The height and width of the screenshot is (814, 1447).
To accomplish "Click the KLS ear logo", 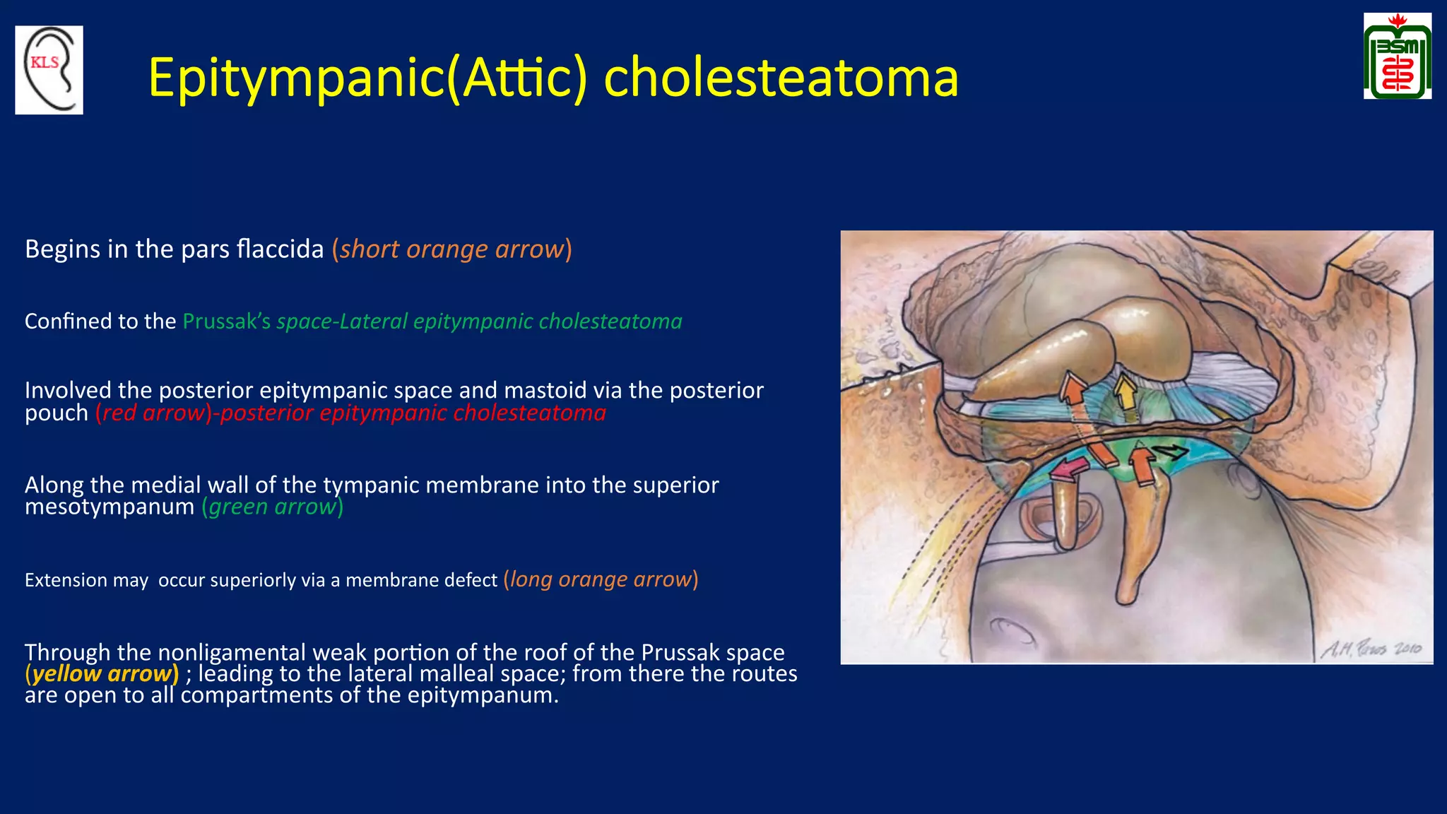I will (x=49, y=70).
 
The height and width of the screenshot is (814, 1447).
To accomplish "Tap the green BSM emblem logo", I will (x=1397, y=57).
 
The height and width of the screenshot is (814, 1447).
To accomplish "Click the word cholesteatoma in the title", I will (x=781, y=78).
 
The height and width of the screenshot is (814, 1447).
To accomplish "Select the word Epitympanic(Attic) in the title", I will (x=367, y=78).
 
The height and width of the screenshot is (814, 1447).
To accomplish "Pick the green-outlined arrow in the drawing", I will (x=1170, y=451).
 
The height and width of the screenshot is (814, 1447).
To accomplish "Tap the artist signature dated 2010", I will (x=1370, y=648).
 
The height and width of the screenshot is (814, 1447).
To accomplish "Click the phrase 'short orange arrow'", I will (x=451, y=249).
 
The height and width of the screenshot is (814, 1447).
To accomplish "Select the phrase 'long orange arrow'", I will (x=601, y=579).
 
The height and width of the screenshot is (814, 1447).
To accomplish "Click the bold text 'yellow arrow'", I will (x=102, y=673).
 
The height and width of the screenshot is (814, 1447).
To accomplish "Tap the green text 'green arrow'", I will (x=272, y=507).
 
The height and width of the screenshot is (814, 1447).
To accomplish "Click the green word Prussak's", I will (x=226, y=322).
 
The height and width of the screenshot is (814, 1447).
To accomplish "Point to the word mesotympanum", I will (x=109, y=507).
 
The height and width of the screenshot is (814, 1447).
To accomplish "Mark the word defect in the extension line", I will (x=471, y=580).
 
